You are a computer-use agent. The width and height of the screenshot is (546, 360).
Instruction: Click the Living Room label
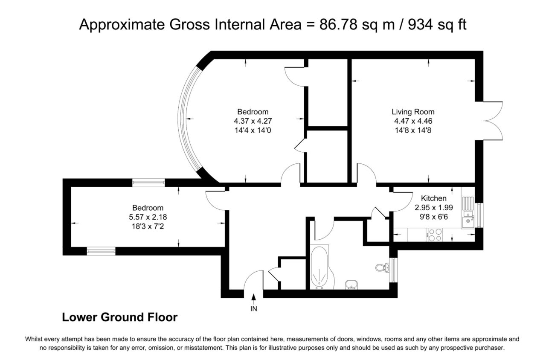tap(413, 112)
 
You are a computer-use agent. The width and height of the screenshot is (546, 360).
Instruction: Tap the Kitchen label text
tap(434, 198)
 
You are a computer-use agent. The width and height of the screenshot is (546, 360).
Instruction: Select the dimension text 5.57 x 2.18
tap(148, 217)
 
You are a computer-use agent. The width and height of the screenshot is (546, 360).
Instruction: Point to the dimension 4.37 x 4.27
tap(253, 121)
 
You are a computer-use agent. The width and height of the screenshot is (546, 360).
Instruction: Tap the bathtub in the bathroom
tap(320, 267)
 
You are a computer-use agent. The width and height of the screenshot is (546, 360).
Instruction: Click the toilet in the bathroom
tap(382, 267)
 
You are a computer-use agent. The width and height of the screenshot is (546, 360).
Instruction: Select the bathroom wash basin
tap(351, 285)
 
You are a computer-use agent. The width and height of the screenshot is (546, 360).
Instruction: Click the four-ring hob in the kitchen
tap(435, 235)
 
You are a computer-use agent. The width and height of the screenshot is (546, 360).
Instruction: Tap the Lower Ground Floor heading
tap(120, 317)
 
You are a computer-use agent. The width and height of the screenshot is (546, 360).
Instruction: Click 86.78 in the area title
tap(338, 24)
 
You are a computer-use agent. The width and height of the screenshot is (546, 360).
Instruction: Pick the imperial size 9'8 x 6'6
tap(434, 217)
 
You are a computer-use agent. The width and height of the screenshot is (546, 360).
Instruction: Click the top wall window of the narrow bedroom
tap(148, 183)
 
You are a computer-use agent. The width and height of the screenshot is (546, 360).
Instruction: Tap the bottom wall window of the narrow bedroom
tap(101, 251)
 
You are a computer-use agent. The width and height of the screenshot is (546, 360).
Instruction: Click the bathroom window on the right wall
tap(393, 270)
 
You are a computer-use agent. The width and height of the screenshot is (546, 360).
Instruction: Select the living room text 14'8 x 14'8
tap(413, 130)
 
